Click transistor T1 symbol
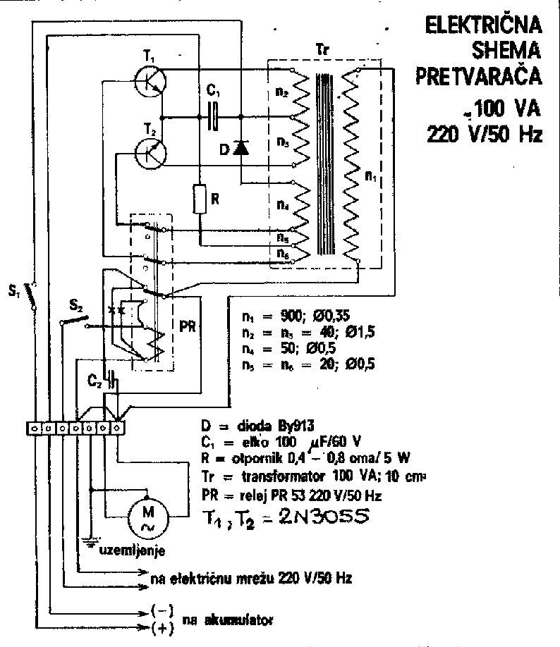150,80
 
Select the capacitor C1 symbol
214,115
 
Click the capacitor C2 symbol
112,385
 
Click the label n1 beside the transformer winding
370,178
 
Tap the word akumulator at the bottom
225,620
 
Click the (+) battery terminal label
163,629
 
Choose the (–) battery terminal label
163,610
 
